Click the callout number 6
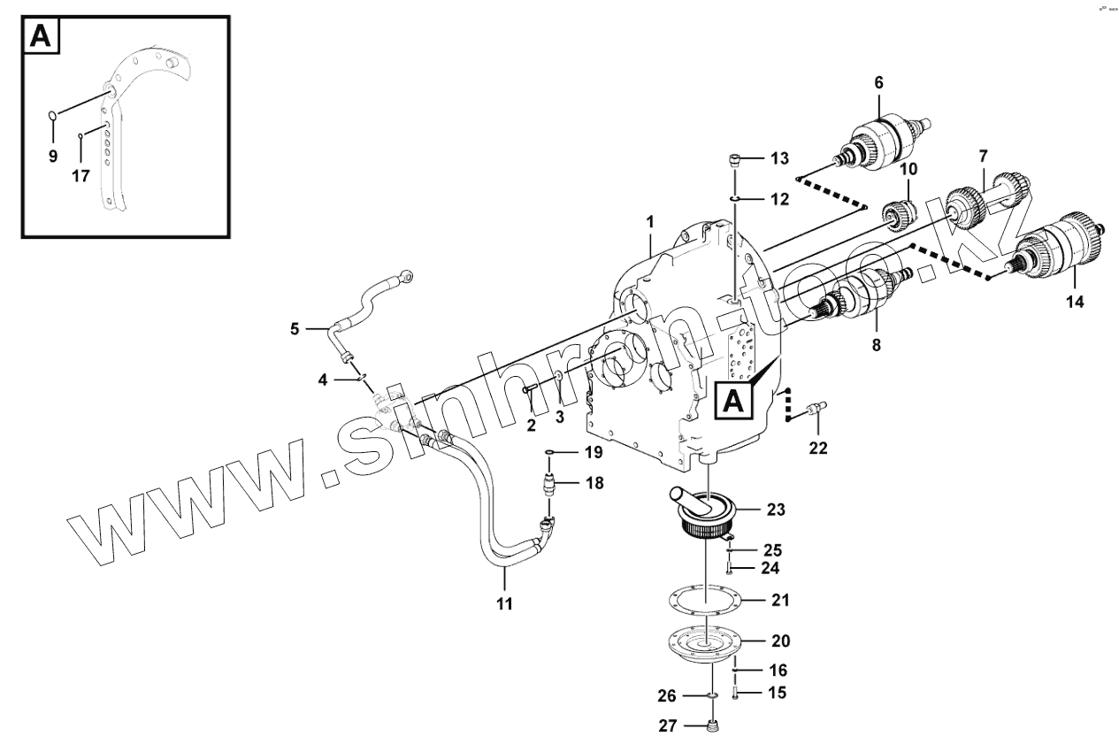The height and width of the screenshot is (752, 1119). (878, 82)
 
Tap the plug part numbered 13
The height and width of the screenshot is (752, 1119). (734, 159)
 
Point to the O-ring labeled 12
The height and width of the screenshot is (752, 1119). (735, 199)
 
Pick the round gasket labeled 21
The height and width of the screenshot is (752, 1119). (705, 600)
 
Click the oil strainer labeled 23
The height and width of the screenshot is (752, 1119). (705, 513)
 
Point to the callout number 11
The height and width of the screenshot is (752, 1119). (504, 604)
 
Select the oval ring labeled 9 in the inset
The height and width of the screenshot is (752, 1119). (53, 116)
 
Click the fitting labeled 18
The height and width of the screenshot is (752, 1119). (552, 483)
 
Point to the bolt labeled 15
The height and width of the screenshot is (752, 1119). (735, 694)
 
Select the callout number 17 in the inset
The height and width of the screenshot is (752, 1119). (80, 176)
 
